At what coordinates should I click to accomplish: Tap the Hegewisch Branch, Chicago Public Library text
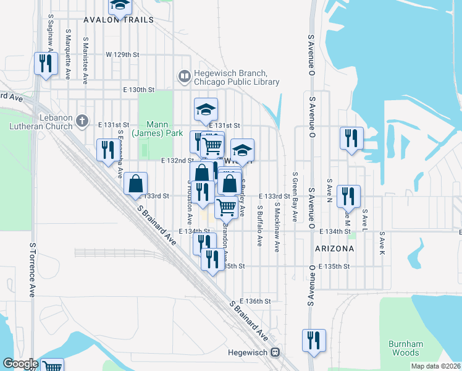point(237,77)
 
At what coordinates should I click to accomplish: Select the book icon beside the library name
point(184,77)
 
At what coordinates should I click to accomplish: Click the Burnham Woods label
point(405,348)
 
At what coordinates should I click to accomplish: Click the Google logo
point(20,364)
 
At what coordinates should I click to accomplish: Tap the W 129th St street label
point(122,54)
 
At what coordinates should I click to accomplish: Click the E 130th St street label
point(138,90)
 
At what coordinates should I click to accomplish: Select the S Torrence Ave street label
point(32,269)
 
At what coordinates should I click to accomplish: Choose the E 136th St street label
point(256,301)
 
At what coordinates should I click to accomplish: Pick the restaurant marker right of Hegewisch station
point(314,340)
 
